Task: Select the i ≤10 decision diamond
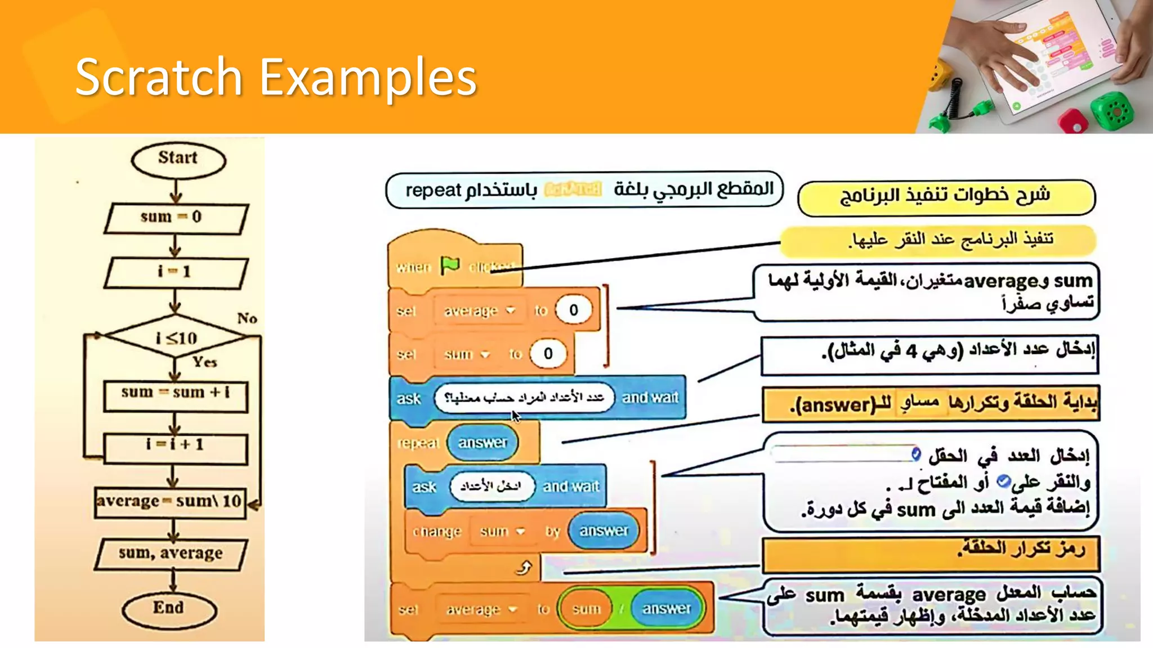pos(176,337)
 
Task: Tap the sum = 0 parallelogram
pos(176,218)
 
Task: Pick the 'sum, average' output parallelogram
pos(171,554)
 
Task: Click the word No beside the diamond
pos(247,318)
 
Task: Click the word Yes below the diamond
pos(204,362)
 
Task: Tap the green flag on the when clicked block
pos(450,265)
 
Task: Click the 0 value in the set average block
pos(573,310)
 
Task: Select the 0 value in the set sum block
pos(548,354)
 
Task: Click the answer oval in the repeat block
pos(482,443)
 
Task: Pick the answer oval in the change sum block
pos(604,530)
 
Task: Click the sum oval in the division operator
pos(586,609)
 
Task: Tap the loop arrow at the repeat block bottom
pos(524,568)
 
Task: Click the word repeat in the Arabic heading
pos(433,190)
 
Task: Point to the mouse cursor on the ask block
pos(515,415)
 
